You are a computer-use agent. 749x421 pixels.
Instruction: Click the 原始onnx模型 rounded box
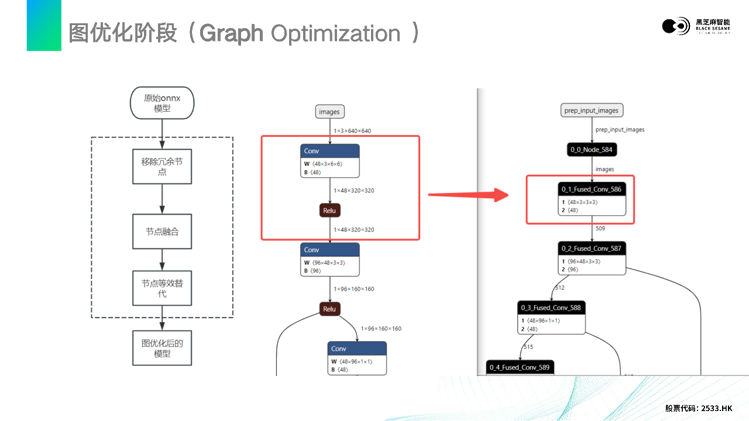[x=162, y=103]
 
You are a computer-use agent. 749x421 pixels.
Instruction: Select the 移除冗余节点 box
[x=162, y=167]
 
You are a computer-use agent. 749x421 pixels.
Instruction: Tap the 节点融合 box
[x=162, y=232]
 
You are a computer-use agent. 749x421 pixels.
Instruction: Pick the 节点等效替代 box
[x=162, y=288]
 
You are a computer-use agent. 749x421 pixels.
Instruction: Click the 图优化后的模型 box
[x=162, y=348]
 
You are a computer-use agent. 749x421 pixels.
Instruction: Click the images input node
[x=329, y=112]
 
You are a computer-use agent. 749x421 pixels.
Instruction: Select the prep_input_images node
[x=591, y=110]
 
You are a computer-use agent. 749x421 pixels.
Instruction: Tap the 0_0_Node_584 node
[x=591, y=150]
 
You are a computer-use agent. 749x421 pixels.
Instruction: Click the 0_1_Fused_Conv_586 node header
[x=592, y=189]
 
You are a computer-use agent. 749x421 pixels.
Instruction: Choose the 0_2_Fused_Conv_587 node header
[x=592, y=249]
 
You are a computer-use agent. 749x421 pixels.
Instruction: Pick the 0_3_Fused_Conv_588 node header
[x=551, y=308]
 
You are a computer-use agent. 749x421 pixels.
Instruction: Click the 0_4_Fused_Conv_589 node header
[x=520, y=367]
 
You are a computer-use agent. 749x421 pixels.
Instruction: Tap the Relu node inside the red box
[x=329, y=210]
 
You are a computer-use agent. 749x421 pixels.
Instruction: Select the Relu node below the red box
[x=329, y=309]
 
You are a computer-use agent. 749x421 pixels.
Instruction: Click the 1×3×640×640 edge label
[x=352, y=131]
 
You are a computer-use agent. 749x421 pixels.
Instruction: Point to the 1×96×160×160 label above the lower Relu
[x=353, y=289]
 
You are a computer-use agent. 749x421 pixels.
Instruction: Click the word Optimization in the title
[x=335, y=33]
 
